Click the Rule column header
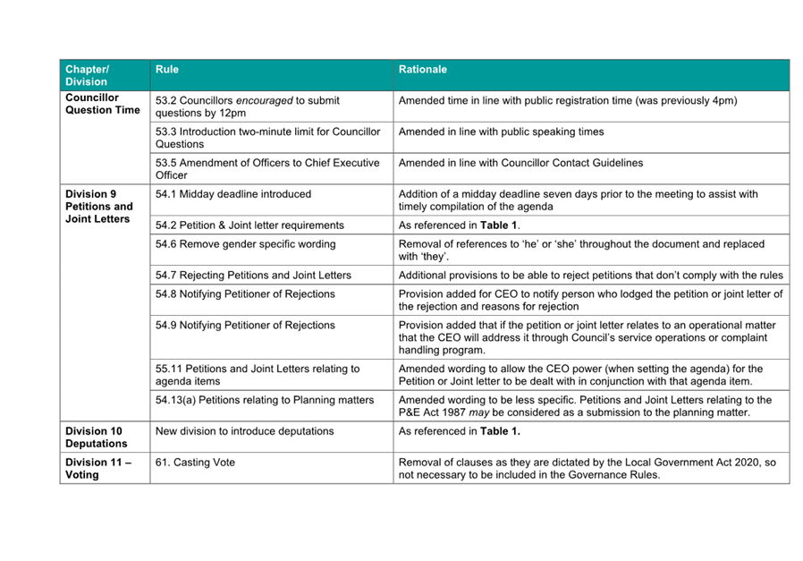point(167,69)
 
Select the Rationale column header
point(423,69)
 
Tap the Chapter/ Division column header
point(87,75)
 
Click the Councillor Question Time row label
point(102,104)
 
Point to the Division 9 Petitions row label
point(98,206)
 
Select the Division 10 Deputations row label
point(96,437)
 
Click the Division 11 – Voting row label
point(97,468)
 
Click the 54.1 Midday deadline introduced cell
point(232,193)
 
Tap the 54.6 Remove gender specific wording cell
point(245,243)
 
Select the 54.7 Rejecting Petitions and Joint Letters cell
point(253,275)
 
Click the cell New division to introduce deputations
point(244,430)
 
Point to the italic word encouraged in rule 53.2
point(264,100)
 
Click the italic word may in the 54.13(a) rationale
point(480,412)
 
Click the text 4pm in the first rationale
point(723,100)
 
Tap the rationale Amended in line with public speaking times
point(501,132)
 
